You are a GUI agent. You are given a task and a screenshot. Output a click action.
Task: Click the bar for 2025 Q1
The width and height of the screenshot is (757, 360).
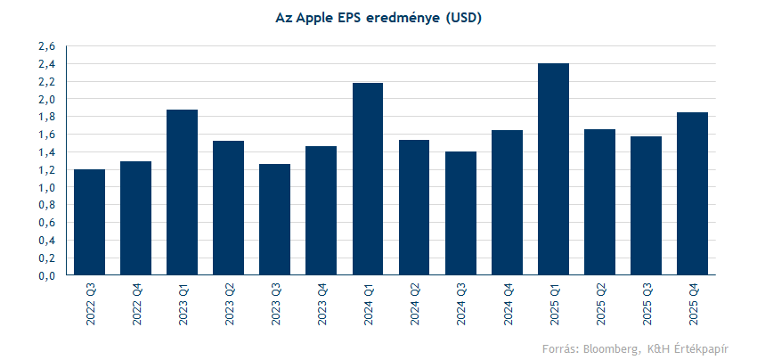pyautogui.click(x=553, y=169)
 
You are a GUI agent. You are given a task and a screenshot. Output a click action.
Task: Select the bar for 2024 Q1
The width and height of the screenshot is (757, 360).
pyautogui.click(x=368, y=178)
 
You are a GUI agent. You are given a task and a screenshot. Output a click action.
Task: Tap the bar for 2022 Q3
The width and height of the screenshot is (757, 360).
pyautogui.click(x=89, y=222)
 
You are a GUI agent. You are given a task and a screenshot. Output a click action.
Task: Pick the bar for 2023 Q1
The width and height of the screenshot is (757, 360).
pyautogui.click(x=182, y=192)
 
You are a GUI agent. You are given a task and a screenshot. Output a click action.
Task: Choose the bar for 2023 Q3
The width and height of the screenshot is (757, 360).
pyautogui.click(x=274, y=219)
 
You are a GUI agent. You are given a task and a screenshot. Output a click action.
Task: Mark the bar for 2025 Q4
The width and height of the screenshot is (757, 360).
pyautogui.click(x=692, y=193)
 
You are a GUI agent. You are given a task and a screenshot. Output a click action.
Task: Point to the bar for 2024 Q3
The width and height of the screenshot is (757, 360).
pyautogui.click(x=460, y=213)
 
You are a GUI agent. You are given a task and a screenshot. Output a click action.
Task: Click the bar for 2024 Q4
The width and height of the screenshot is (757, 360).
pyautogui.click(x=507, y=202)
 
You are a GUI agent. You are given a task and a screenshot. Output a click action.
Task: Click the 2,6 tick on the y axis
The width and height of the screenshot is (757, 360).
pyautogui.click(x=47, y=46)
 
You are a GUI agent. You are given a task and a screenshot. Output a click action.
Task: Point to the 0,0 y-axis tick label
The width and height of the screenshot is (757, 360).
pyautogui.click(x=47, y=276)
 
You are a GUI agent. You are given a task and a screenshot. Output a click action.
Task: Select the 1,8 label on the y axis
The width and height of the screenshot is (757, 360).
pyautogui.click(x=47, y=117)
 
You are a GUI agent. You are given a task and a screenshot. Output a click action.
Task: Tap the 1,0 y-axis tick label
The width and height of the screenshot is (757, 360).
pyautogui.click(x=47, y=188)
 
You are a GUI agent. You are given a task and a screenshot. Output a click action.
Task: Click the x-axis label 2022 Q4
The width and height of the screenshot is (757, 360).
pyautogui.click(x=135, y=304)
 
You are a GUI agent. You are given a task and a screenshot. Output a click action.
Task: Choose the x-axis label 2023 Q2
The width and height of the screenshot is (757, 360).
pyautogui.click(x=228, y=304)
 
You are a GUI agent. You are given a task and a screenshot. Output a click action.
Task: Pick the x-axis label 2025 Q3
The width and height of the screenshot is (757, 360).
pyautogui.click(x=646, y=304)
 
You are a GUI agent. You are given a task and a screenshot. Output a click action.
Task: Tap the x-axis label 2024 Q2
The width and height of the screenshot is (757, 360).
pyautogui.click(x=414, y=304)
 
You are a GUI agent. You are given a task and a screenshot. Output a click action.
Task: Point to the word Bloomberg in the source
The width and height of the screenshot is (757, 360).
pyautogui.click(x=606, y=348)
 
